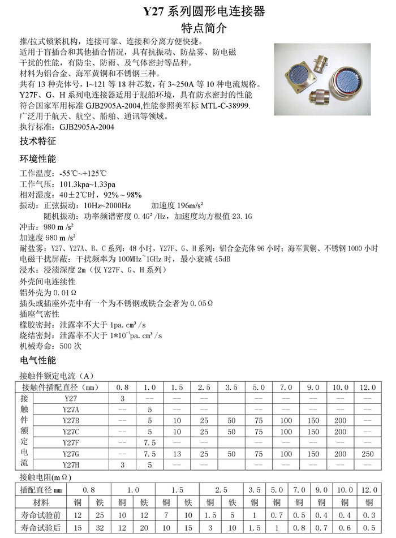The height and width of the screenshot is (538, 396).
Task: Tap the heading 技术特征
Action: click(x=37, y=140)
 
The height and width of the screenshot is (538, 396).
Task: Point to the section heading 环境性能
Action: click(x=37, y=158)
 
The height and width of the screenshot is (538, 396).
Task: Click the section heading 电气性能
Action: click(x=37, y=360)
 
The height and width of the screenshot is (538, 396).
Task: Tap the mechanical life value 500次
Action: click(x=70, y=345)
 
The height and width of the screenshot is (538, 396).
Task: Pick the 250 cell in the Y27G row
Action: click(x=368, y=454)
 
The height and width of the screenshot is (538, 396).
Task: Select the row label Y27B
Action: click(x=71, y=420)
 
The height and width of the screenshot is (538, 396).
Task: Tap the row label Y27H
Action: click(x=71, y=464)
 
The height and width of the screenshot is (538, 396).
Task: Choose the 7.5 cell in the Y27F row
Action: click(x=150, y=442)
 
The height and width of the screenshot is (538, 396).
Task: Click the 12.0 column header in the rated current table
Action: click(x=368, y=388)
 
